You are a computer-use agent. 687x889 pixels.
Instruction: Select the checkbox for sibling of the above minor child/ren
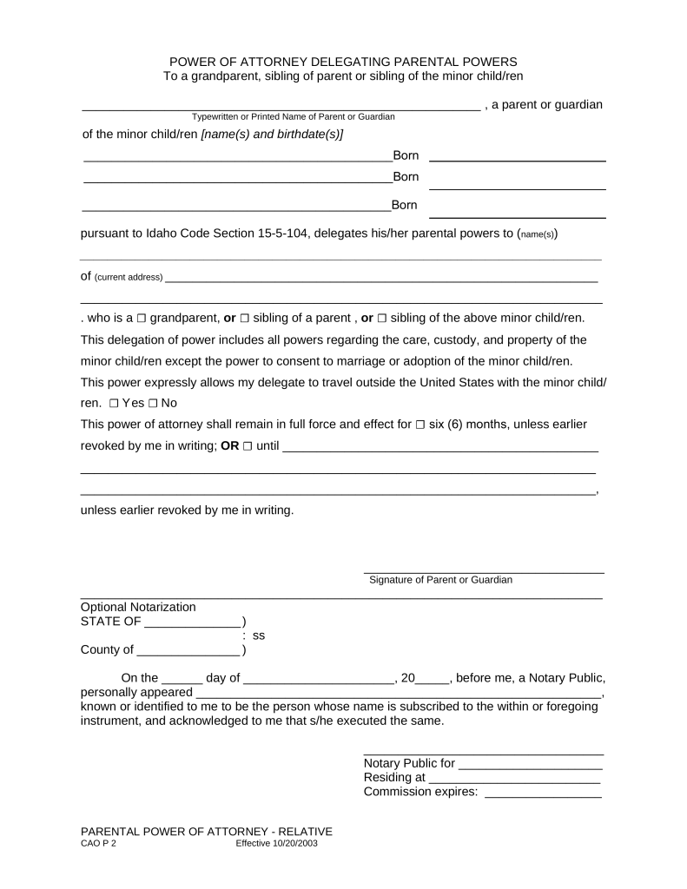point(382,318)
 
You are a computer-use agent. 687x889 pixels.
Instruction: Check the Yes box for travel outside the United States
point(115,404)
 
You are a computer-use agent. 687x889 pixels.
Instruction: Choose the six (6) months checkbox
point(420,425)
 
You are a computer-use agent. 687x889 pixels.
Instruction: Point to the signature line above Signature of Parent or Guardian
point(483,572)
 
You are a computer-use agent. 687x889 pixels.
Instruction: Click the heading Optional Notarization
point(138,607)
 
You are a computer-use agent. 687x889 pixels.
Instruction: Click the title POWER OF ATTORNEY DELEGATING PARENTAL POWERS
point(343,62)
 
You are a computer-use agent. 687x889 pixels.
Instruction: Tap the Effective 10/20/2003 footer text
point(276,843)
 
